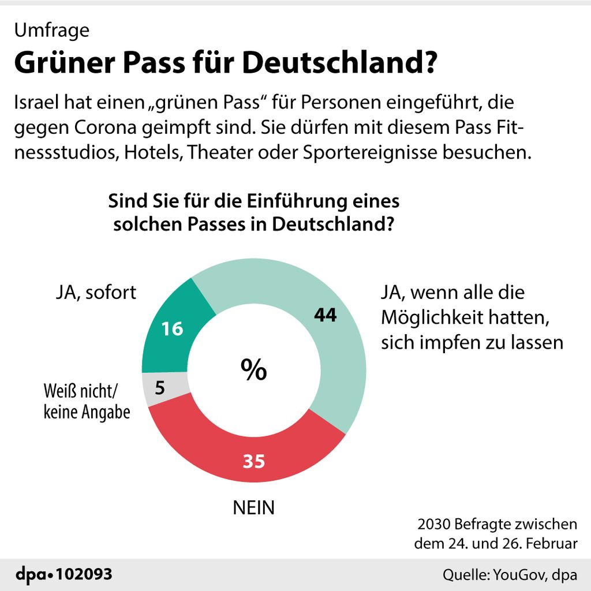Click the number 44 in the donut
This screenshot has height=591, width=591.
coord(325,315)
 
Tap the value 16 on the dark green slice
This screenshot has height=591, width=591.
coord(172,329)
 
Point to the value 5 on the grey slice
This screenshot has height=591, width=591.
coord(160,387)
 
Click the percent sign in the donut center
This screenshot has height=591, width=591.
coord(254,369)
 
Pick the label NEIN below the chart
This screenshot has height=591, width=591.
coord(254,508)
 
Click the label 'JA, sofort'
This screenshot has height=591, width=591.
coord(96,292)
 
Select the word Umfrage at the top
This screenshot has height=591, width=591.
coord(52,30)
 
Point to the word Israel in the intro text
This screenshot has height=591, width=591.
coord(38,104)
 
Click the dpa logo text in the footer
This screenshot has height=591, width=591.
coord(33,575)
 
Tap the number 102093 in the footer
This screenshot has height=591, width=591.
coord(85,575)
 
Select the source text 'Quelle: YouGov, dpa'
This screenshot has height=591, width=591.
coord(510,575)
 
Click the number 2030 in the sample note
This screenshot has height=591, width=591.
coord(433,525)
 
